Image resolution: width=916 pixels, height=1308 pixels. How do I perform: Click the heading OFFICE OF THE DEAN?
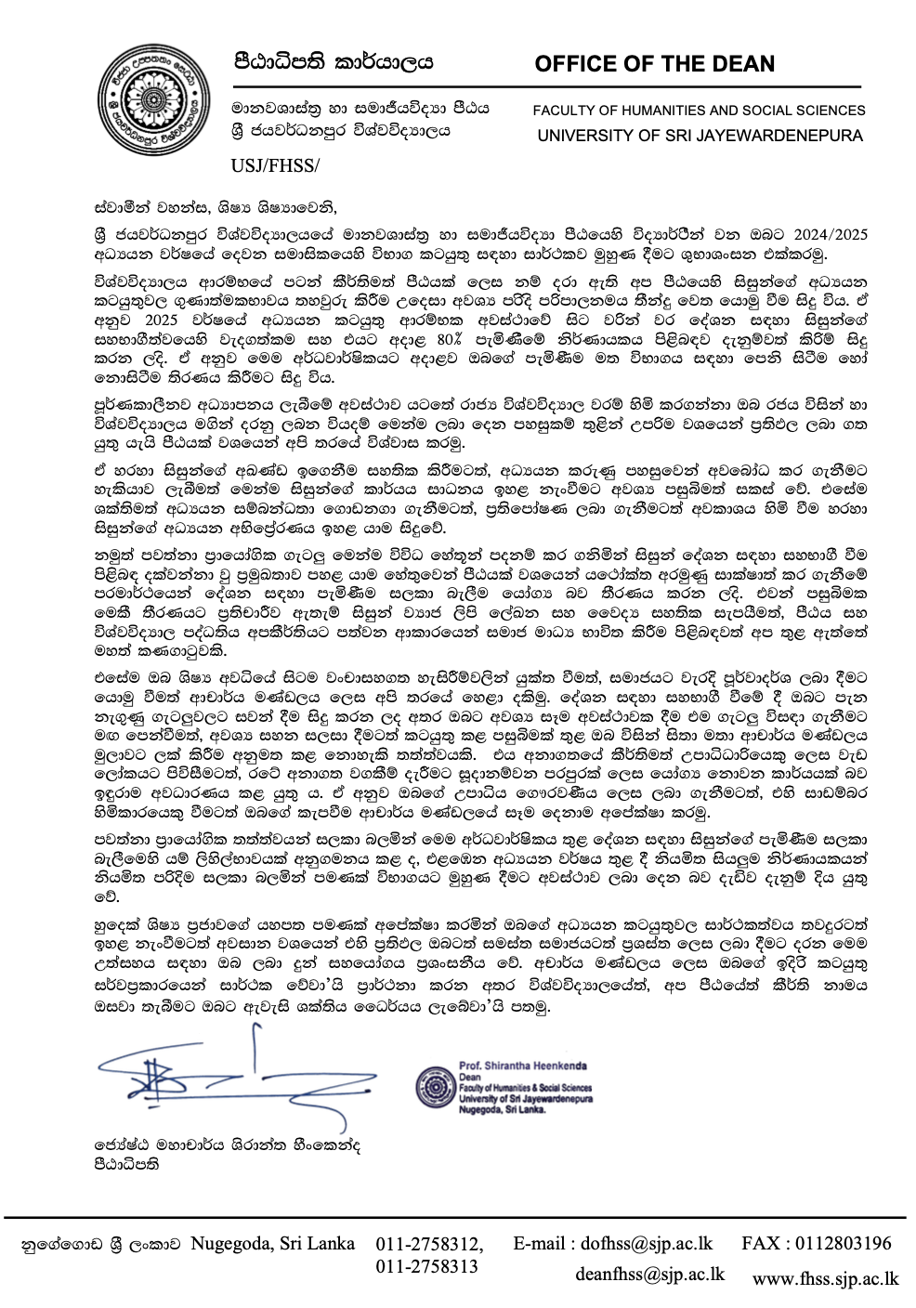coord(654,64)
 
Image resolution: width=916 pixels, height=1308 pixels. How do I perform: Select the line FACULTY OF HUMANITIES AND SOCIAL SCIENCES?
coord(699,110)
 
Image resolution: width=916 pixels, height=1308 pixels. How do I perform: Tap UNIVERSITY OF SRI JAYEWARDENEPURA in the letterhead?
coord(700,135)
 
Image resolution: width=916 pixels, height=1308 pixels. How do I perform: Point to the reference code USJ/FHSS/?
coord(275,166)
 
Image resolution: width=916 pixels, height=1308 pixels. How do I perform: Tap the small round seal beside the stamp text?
coord(434,1087)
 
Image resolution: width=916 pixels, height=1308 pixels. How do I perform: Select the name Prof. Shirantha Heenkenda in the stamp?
coord(522,1066)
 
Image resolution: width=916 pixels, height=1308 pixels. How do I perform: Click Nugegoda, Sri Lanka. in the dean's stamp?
coord(502,1109)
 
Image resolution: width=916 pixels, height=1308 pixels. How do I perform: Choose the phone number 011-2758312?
coord(429,1244)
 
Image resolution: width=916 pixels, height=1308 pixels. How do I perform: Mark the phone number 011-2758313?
coord(426,1266)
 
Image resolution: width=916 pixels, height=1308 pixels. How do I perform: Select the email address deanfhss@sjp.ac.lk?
coord(649,1274)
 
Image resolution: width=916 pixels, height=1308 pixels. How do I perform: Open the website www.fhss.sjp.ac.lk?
coord(825,1278)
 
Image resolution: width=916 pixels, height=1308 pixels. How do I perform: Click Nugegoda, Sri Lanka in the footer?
coord(272,1244)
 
